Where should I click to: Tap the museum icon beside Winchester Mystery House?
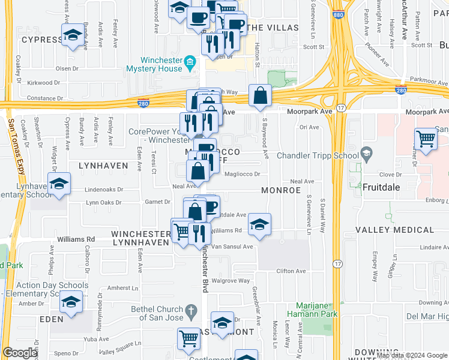click(190, 63)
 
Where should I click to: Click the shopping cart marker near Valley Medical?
click(426, 139)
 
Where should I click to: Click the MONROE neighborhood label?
click(281, 190)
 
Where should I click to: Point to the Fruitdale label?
click(381, 187)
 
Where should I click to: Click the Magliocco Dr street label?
click(242, 175)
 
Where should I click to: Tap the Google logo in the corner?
click(20, 353)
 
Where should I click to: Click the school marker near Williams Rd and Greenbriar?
click(260, 224)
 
